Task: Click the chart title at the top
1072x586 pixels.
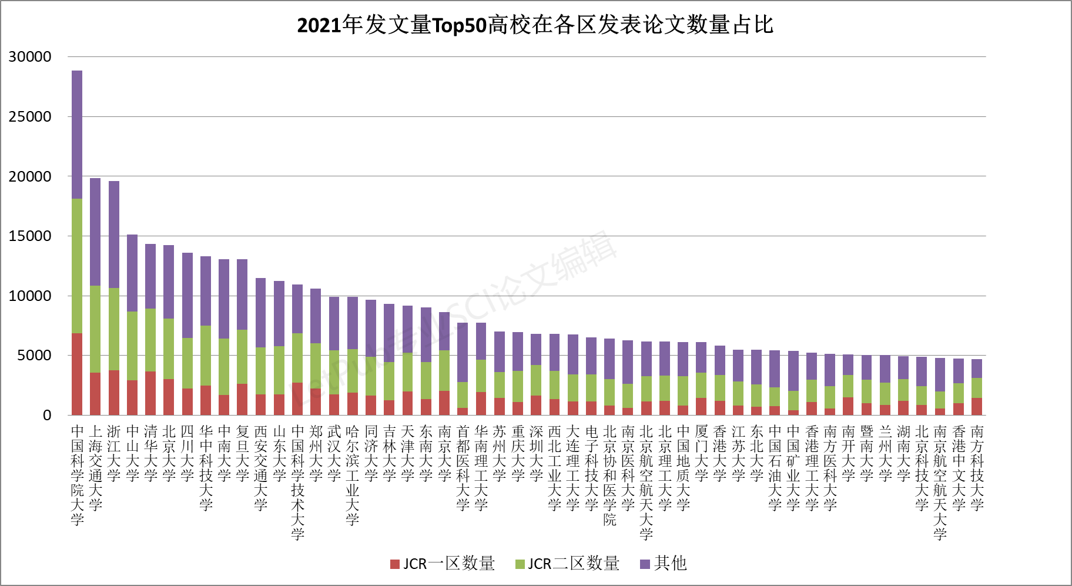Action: [x=535, y=25]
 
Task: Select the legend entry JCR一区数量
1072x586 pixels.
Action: [x=443, y=564]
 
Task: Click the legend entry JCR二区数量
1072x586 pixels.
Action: [x=567, y=564]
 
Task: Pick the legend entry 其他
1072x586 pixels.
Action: [x=664, y=564]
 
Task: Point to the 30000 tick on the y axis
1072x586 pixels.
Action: [x=30, y=57]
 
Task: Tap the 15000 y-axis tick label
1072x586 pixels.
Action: [x=30, y=236]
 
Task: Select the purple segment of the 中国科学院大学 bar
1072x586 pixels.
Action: [x=77, y=135]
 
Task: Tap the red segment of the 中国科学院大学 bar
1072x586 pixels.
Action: [x=77, y=374]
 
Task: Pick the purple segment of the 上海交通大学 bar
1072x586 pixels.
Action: [x=95, y=232]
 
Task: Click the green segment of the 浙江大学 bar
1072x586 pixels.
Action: [x=114, y=329]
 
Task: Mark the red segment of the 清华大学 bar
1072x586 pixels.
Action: [x=150, y=393]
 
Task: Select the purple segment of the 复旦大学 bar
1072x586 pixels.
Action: [x=242, y=294]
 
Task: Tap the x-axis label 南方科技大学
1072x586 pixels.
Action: [x=977, y=468]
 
